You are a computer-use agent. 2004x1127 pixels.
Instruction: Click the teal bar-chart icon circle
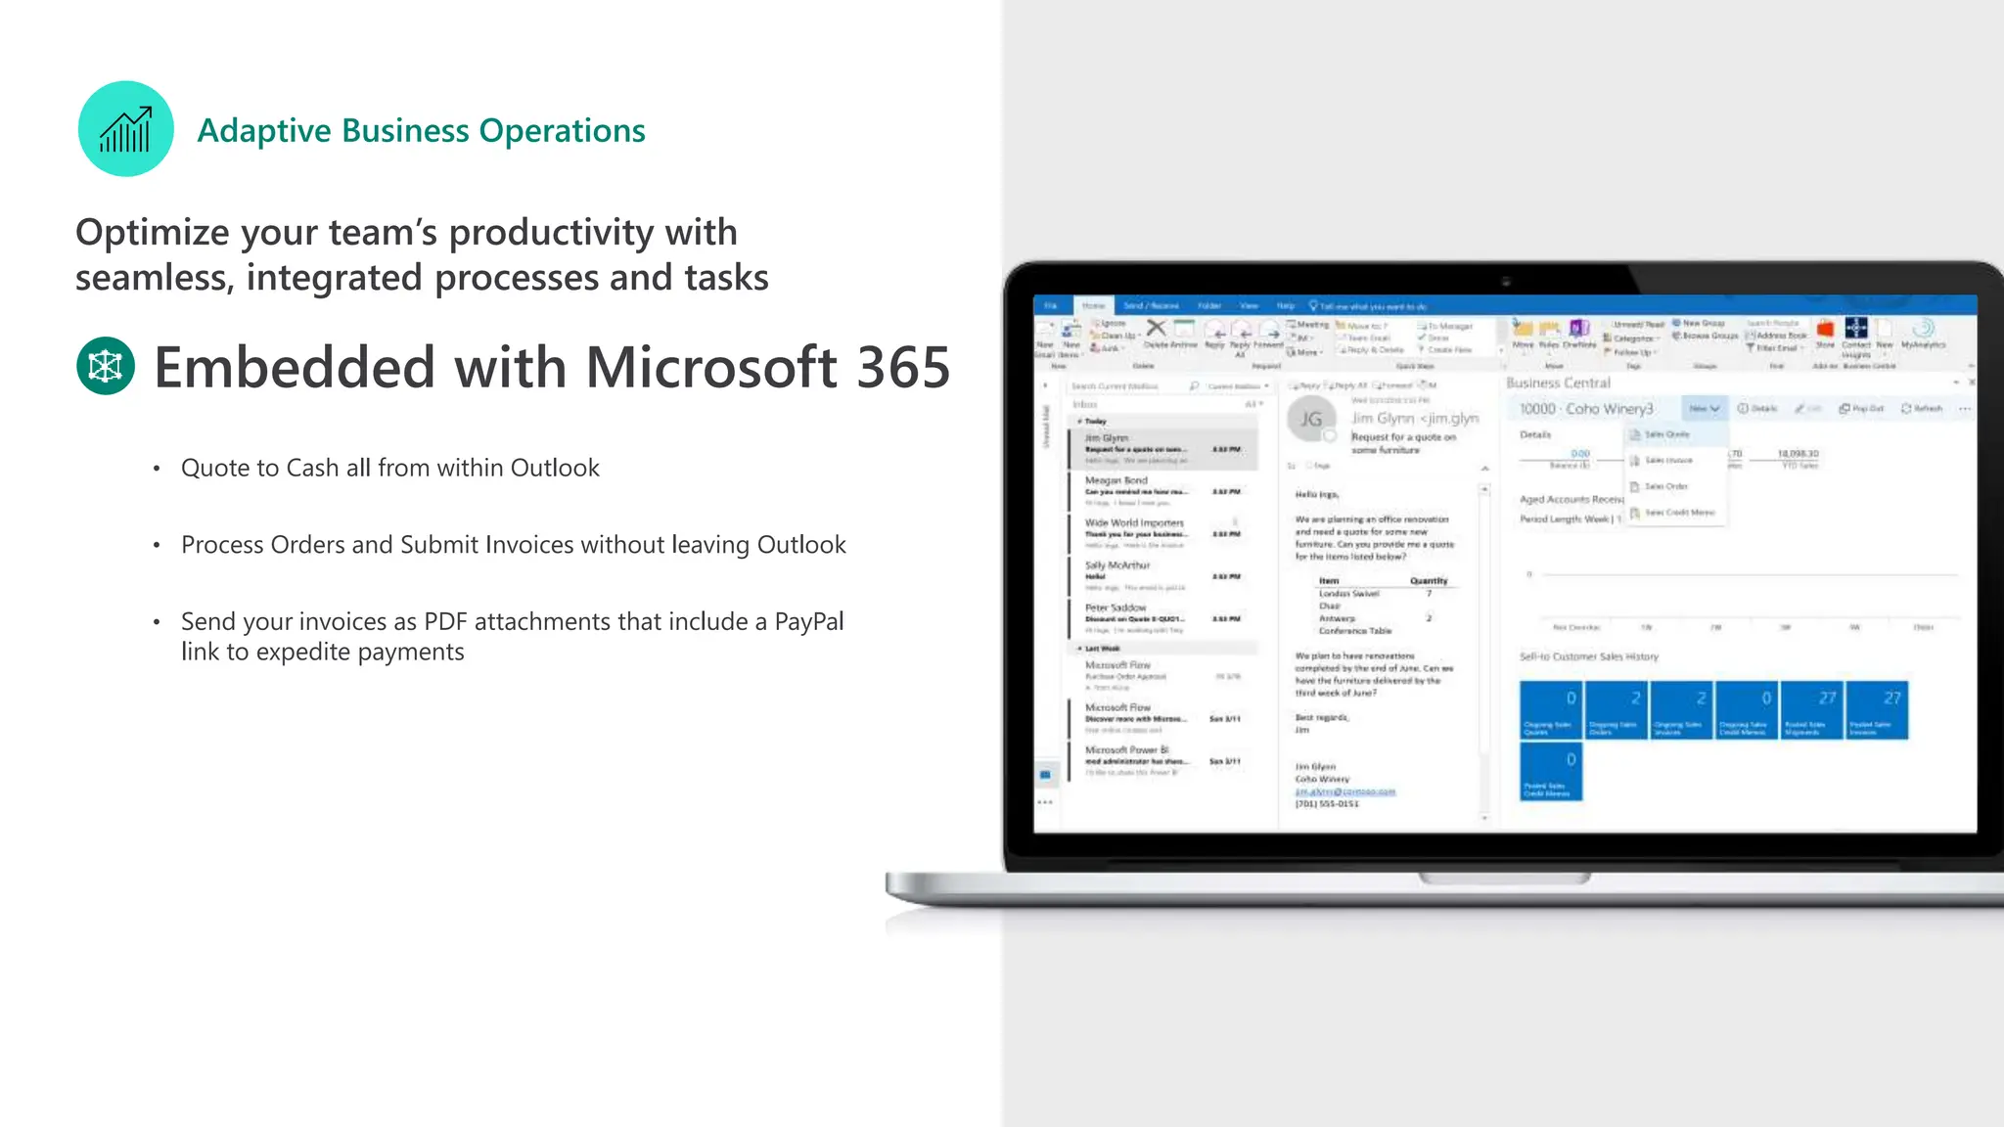tap(125, 129)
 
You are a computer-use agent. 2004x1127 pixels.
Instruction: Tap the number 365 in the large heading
tap(902, 368)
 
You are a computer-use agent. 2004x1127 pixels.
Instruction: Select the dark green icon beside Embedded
tap(106, 366)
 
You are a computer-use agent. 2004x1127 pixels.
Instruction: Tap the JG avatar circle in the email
tap(1311, 420)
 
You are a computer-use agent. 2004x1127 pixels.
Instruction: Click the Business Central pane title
tap(1558, 383)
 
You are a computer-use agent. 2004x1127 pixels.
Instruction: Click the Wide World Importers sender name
tap(1134, 522)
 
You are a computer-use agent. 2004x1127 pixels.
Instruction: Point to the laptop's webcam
tap(1506, 281)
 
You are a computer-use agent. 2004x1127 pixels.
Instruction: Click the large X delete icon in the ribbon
tap(1156, 328)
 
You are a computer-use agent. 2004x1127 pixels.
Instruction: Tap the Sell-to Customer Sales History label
tap(1588, 656)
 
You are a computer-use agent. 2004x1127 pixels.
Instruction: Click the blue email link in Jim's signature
tap(1345, 791)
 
